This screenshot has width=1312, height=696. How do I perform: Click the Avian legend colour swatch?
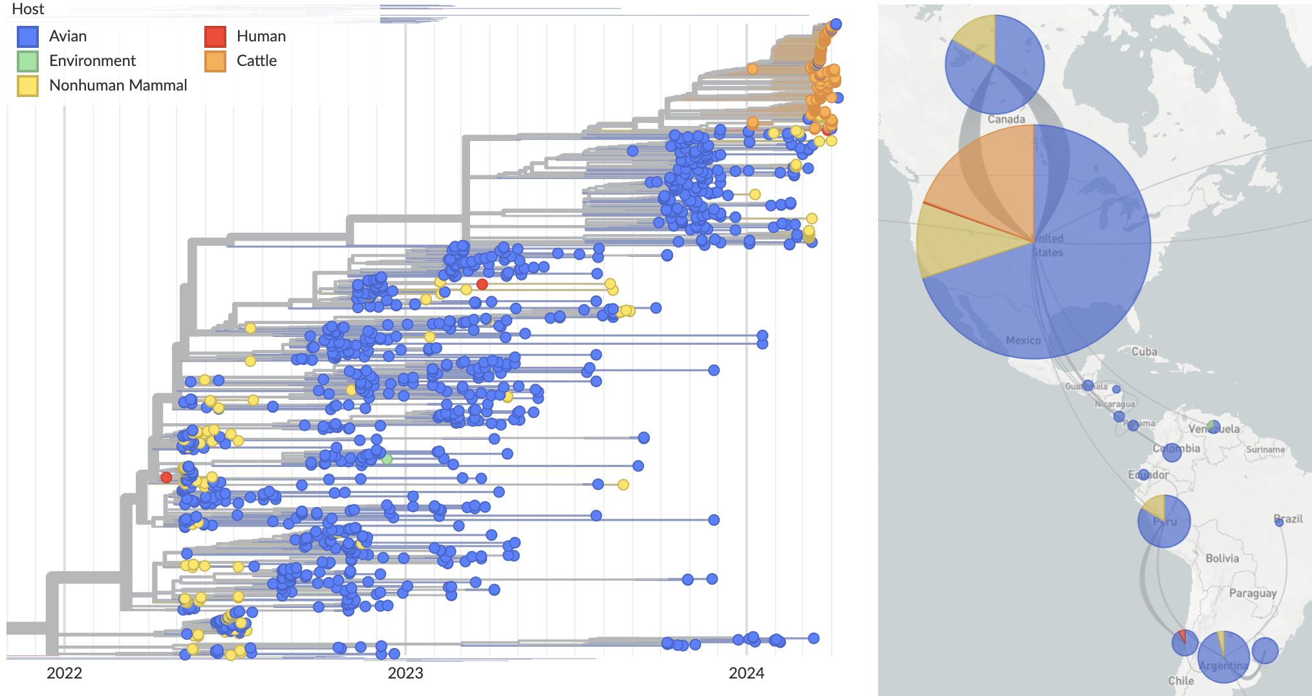[28, 36]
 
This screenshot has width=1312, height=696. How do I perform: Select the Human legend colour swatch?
[215, 36]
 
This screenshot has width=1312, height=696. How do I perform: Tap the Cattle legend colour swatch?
[215, 61]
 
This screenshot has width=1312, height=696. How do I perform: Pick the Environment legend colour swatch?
[28, 61]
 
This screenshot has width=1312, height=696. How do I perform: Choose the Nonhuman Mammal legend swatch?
[28, 85]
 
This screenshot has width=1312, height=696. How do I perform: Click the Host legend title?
[28, 9]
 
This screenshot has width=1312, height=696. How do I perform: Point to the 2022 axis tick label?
[65, 673]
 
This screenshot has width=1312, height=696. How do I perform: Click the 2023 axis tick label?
[405, 673]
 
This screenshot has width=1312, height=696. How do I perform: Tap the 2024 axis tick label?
[746, 673]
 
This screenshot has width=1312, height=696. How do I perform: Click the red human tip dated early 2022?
[166, 477]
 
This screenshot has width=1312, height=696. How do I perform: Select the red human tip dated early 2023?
[482, 284]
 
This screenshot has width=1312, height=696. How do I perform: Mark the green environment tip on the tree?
[387, 459]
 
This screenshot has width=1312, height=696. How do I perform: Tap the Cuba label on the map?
[1144, 352]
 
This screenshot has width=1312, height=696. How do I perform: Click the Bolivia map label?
[1222, 558]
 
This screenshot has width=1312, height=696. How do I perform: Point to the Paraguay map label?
[1253, 593]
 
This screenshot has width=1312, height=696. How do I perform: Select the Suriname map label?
[1265, 450]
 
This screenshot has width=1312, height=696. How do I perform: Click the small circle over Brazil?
[1279, 523]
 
